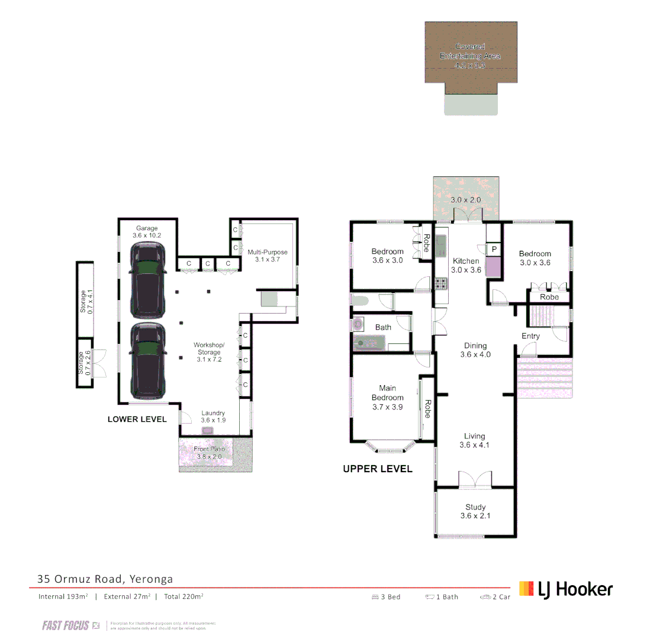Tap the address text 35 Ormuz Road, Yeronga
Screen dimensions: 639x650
click(x=105, y=579)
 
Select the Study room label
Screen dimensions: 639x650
click(x=475, y=511)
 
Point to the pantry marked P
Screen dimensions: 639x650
click(x=493, y=250)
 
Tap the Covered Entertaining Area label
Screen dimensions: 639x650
click(x=470, y=56)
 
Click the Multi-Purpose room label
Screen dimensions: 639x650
click(x=268, y=256)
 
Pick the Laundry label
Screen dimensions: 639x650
click(x=213, y=417)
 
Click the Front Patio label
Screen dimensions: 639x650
click(x=210, y=453)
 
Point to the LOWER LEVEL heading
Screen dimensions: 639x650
click(x=137, y=419)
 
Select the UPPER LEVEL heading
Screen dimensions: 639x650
click(x=378, y=469)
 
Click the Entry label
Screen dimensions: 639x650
click(x=530, y=336)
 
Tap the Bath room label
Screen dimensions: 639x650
click(x=383, y=327)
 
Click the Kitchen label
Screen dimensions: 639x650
click(x=466, y=265)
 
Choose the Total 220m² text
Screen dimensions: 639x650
click(x=184, y=596)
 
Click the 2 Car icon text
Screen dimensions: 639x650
click(x=496, y=597)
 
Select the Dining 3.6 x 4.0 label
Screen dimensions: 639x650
click(x=475, y=350)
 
